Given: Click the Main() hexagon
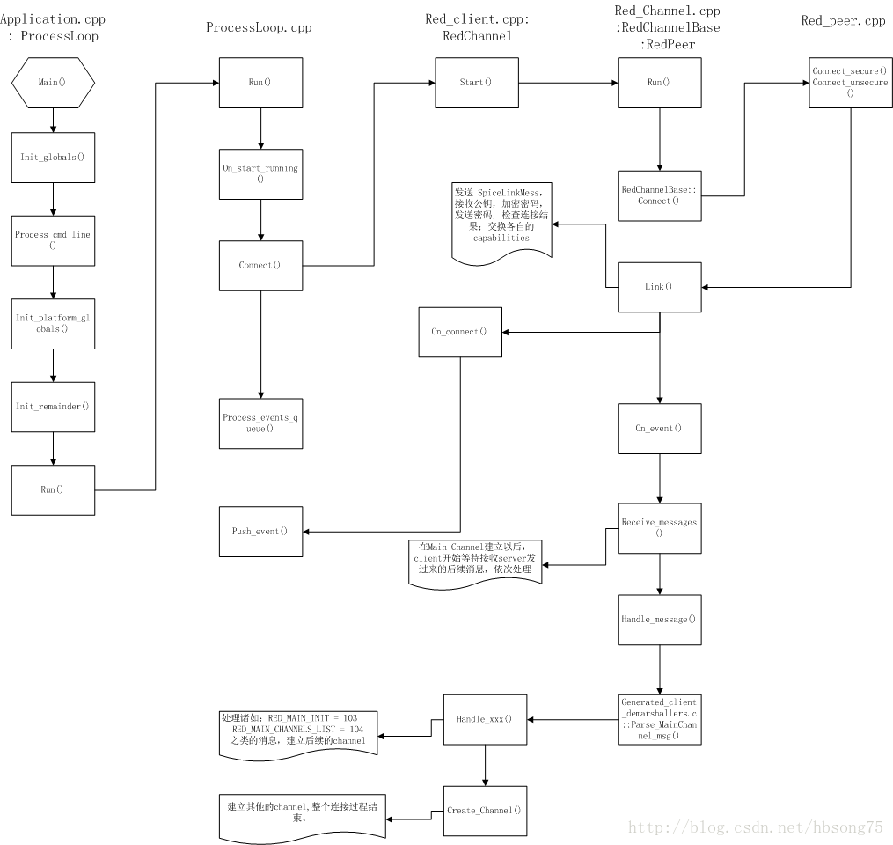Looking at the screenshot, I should click(53, 83).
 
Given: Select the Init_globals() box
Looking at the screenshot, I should click(53, 157).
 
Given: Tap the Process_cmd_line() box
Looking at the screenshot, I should click(53, 239).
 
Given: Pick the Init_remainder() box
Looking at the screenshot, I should click(53, 406).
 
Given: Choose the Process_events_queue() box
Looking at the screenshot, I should click(260, 422).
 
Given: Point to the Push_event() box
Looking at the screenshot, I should click(260, 532).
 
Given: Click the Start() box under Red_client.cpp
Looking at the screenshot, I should click(476, 83).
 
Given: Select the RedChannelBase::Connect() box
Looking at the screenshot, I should click(659, 195).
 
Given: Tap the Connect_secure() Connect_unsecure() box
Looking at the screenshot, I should click(850, 82).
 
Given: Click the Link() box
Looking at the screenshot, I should click(659, 287).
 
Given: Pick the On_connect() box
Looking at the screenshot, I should click(459, 332).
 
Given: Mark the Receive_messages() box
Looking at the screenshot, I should click(659, 527).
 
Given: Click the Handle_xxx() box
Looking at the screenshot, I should click(484, 719).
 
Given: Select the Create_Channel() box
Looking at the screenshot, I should click(484, 811).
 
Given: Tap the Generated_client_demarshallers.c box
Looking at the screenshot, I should click(659, 718).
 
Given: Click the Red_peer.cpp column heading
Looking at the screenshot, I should click(843, 21).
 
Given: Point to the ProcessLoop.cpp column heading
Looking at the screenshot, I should click(259, 27).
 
